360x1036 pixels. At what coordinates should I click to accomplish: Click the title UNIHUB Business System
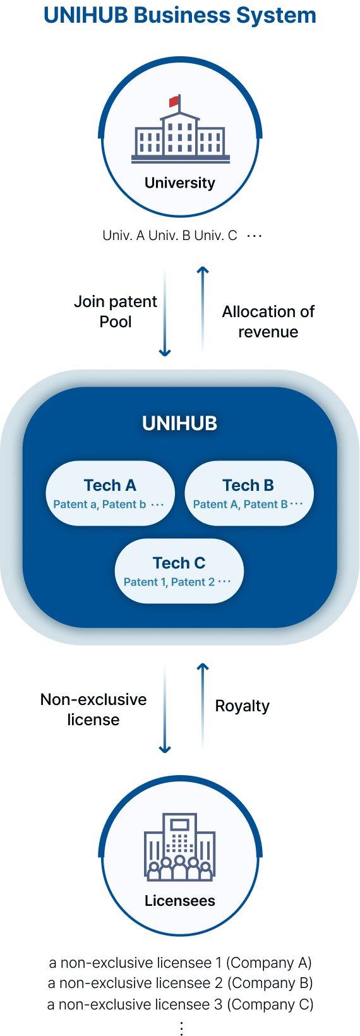[180, 15]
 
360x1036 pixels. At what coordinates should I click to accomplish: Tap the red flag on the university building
[174, 101]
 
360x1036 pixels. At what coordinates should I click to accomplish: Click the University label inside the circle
[180, 183]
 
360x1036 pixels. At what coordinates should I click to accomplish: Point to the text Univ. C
[215, 236]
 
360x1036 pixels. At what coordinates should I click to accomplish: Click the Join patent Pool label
[116, 311]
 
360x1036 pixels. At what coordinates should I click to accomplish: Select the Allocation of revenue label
[268, 322]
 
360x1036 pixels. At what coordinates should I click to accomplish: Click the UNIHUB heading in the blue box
[180, 423]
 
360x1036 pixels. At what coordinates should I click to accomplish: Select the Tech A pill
[110, 493]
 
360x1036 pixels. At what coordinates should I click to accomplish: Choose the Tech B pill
[249, 493]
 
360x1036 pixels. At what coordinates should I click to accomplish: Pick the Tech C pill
[179, 570]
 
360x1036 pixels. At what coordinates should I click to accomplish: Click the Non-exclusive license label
[93, 709]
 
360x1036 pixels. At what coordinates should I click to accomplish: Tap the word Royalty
[242, 706]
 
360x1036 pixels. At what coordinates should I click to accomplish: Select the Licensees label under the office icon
[180, 900]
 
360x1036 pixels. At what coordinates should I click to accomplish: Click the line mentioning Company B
[180, 983]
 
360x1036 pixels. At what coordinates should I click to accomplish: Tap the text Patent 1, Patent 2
[169, 582]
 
